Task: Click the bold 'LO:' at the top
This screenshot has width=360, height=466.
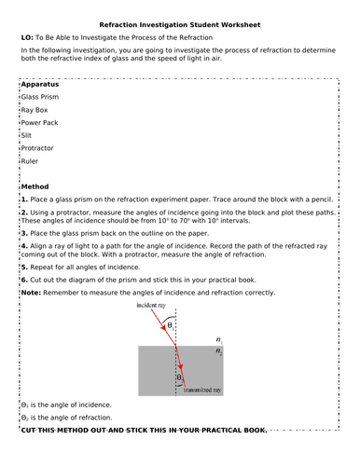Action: click(26, 36)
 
